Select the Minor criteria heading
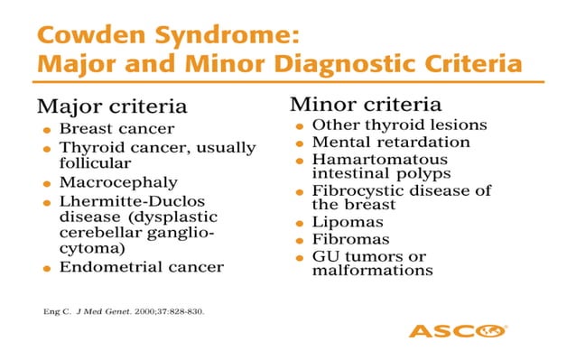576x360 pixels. [355, 104]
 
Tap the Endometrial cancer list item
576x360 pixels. [141, 267]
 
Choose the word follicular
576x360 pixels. [95, 162]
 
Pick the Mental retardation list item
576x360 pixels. [391, 142]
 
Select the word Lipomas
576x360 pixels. [348, 222]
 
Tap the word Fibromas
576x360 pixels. [350, 239]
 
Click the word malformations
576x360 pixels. [372, 270]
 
